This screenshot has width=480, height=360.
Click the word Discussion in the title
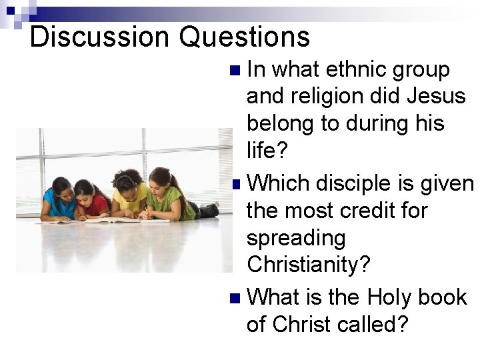pyautogui.click(x=100, y=37)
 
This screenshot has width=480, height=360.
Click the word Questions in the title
pyautogui.click(x=245, y=37)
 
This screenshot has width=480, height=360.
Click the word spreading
pyautogui.click(x=296, y=238)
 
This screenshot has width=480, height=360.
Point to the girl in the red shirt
pyautogui.click(x=90, y=200)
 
